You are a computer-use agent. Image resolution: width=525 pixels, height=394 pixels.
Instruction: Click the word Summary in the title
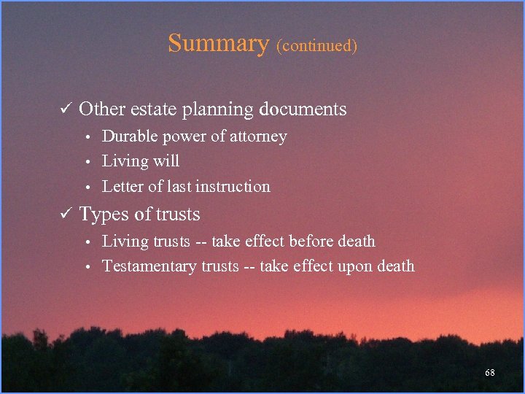coord(218,43)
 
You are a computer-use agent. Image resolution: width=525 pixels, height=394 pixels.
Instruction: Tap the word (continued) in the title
coord(316,45)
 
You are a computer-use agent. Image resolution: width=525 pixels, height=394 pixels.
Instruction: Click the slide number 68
coord(490,373)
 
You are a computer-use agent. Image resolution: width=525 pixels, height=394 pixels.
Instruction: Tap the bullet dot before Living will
coord(87,162)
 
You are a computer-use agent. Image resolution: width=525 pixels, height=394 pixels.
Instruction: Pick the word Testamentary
coord(149,266)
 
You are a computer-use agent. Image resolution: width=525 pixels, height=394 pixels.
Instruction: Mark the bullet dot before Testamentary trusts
coord(87,267)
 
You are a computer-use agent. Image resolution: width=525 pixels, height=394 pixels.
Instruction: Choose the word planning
coord(218,110)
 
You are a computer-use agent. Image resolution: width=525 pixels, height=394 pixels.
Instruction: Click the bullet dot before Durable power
coord(87,137)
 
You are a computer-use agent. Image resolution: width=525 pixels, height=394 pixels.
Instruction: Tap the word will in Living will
coord(167,161)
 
